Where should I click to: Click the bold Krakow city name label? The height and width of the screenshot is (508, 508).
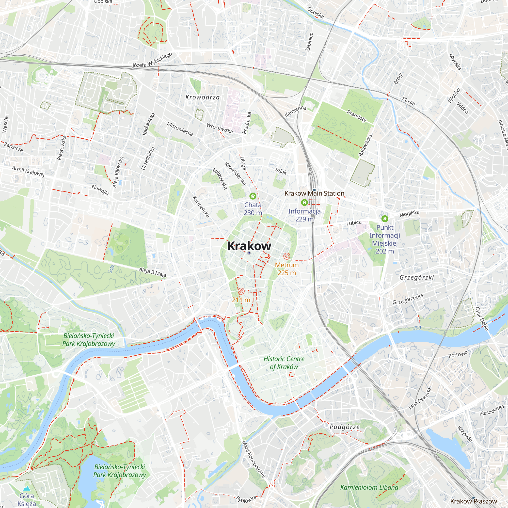coord(249,246)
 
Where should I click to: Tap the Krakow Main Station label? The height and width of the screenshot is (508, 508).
coord(314,193)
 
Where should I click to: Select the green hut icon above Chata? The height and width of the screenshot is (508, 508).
coord(253,196)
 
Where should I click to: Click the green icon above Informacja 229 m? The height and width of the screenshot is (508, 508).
coord(304,202)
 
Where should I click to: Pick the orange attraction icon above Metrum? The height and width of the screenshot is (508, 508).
coord(287,256)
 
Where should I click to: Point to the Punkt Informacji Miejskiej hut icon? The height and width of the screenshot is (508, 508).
coord(384,218)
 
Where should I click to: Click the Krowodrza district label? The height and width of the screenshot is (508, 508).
coord(202,97)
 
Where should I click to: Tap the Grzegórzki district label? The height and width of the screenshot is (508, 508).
coord(417,277)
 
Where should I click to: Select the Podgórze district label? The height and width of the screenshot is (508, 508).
coord(344,427)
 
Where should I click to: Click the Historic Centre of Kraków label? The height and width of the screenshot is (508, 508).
coord(284,363)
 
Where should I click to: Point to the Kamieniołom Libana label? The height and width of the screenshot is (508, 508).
coord(369,487)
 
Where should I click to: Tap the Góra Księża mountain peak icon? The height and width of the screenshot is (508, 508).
coord(26,488)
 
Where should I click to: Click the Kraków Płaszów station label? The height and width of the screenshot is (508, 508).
coord(473,501)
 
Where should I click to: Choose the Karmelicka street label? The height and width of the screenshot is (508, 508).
coord(201,207)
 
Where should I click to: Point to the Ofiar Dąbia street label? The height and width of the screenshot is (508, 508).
coord(482,319)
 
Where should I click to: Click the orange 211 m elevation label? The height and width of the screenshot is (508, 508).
coord(241,300)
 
